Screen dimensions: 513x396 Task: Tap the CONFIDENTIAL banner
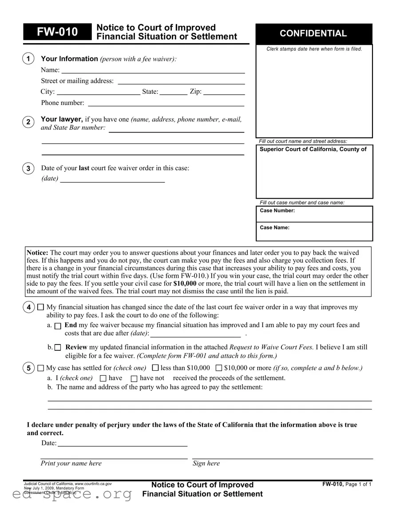click(x=313, y=33)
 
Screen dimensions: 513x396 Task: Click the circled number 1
click(x=28, y=59)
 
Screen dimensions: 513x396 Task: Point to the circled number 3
click(x=28, y=168)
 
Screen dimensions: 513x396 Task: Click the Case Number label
click(x=277, y=211)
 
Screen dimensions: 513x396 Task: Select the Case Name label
click(x=274, y=228)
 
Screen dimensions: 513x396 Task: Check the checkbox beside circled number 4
click(x=41, y=307)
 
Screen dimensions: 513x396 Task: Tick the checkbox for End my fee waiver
click(x=58, y=326)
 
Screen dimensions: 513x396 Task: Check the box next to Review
click(x=58, y=348)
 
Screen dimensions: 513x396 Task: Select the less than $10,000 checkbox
click(x=155, y=368)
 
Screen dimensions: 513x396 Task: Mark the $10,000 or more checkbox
click(x=219, y=368)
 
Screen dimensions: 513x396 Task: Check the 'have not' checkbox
click(x=134, y=378)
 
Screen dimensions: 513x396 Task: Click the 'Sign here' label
click(x=206, y=464)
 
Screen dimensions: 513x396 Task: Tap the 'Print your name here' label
click(x=71, y=464)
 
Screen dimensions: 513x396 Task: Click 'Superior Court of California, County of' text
click(x=313, y=149)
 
